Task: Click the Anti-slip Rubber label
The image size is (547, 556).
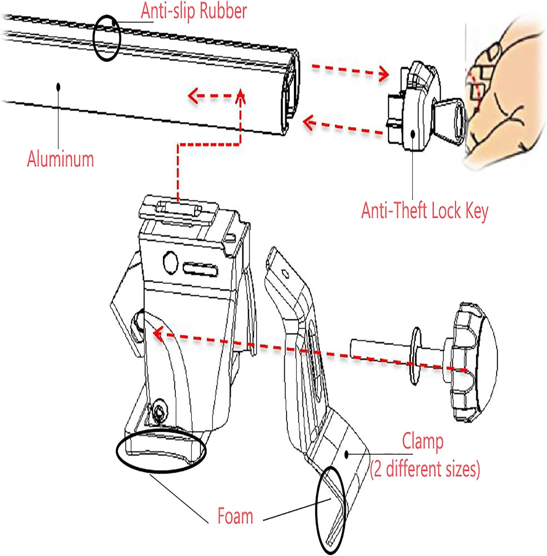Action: click(194, 11)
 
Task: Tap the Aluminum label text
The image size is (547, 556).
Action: click(60, 159)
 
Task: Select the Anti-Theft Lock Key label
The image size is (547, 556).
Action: click(425, 211)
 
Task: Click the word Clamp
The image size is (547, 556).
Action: click(423, 441)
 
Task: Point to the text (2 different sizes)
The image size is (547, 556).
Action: click(425, 469)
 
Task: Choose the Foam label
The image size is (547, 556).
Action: click(235, 516)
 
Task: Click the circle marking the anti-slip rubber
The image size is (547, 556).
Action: click(106, 38)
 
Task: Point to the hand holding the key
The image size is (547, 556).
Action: click(506, 93)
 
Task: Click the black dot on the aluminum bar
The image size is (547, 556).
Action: click(58, 87)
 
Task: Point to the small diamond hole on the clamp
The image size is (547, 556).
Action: click(285, 274)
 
